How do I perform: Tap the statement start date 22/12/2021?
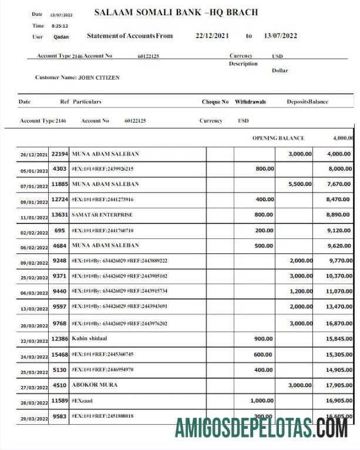coord(212,36)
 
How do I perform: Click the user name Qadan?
coord(60,36)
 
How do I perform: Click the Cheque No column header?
coord(215,101)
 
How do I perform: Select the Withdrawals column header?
coord(250,101)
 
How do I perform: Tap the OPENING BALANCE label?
coord(278,138)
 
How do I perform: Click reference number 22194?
coord(59,154)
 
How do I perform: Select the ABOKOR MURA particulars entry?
coord(94,385)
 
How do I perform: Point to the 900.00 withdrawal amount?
coord(263,339)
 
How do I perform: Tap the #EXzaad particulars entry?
coord(83,400)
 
